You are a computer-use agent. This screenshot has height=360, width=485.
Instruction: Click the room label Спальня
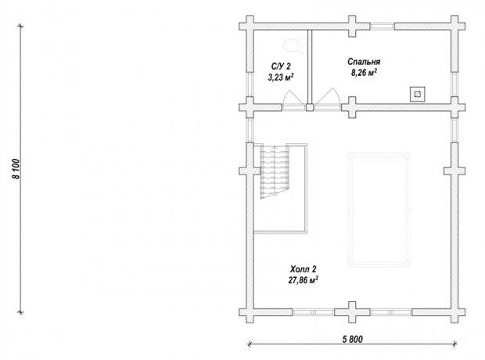(x=364, y=62)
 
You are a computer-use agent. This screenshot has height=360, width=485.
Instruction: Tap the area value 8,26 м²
(x=364, y=73)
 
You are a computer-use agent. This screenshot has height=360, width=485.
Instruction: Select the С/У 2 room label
(x=281, y=67)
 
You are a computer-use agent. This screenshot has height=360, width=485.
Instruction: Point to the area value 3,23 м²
(x=281, y=77)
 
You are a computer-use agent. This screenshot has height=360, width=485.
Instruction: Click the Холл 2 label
(x=304, y=268)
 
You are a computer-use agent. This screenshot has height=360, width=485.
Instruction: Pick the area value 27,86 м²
(x=304, y=280)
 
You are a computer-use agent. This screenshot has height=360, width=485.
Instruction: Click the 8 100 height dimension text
(x=16, y=169)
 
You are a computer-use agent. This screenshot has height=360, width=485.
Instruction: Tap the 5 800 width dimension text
(x=352, y=339)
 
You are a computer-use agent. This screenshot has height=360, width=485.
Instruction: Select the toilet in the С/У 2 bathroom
(x=294, y=46)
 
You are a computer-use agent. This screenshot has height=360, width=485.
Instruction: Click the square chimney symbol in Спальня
(x=417, y=94)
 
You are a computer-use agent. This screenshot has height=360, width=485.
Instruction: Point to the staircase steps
(x=275, y=171)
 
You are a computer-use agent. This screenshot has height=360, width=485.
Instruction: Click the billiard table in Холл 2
(x=379, y=210)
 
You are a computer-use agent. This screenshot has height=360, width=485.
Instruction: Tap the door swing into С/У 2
(x=294, y=99)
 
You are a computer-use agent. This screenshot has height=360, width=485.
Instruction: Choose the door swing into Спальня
(x=328, y=98)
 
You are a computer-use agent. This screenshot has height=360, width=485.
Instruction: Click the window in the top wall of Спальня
(x=383, y=27)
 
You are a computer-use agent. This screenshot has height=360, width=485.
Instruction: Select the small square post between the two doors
(x=310, y=107)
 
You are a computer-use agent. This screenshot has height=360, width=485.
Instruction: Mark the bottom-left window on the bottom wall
(x=314, y=312)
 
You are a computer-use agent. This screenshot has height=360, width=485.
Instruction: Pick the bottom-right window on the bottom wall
(x=391, y=312)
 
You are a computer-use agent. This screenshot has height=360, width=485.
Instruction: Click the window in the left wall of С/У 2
(x=250, y=85)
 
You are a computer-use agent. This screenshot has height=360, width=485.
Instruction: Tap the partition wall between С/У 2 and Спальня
(x=310, y=67)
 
